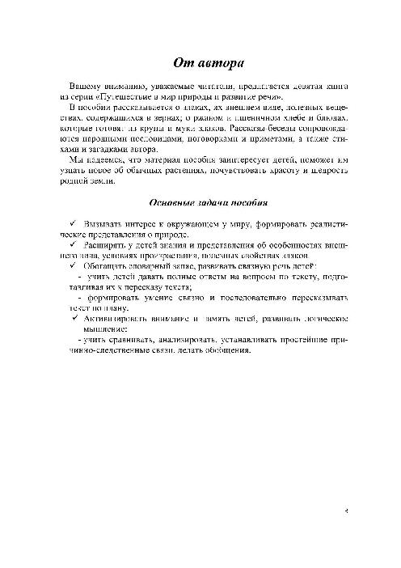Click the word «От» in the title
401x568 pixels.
[184, 62]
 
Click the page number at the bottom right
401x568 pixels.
[344, 511]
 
